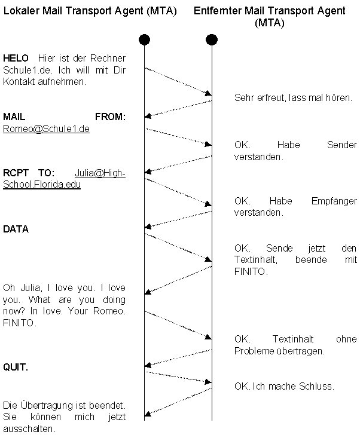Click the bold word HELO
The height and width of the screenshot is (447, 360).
(x=16, y=59)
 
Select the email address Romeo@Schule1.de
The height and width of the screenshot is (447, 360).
(x=46, y=128)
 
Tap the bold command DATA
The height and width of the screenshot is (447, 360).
(x=16, y=229)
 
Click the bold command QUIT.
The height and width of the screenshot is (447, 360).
(x=16, y=367)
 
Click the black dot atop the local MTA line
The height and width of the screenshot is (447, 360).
(x=144, y=40)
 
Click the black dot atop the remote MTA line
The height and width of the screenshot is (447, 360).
(x=211, y=40)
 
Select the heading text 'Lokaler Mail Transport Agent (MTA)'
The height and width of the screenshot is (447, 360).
(x=90, y=11)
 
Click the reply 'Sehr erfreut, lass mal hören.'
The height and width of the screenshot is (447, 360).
(x=293, y=97)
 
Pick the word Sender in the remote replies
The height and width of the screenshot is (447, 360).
(x=342, y=145)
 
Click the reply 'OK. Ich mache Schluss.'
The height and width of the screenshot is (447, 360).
(x=284, y=386)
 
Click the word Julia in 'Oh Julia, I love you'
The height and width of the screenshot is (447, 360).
(x=28, y=288)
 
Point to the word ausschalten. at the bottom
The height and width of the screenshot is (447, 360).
(x=29, y=428)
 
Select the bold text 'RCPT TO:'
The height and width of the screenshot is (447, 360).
(x=25, y=173)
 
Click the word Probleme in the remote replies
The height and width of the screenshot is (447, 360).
(x=254, y=351)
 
